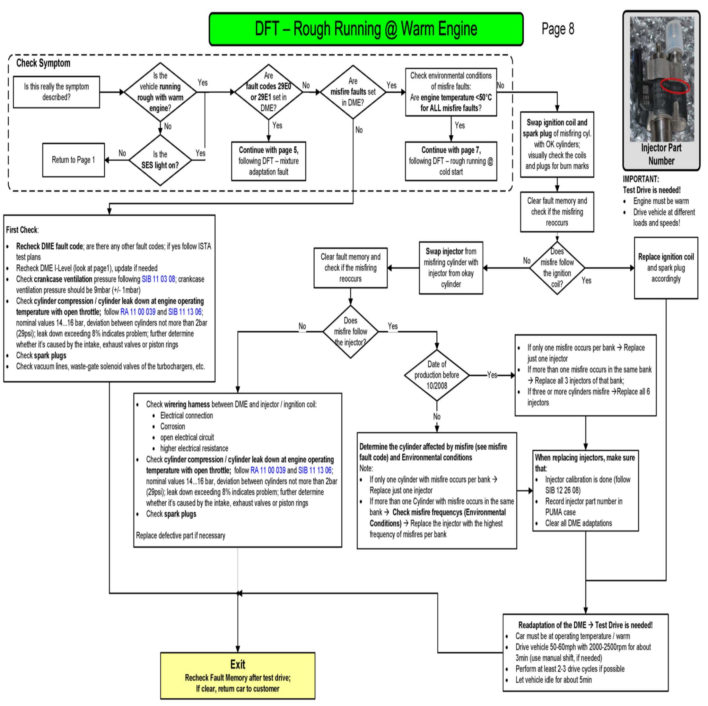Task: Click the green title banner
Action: pyautogui.click(x=366, y=29)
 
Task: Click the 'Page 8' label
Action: pyautogui.click(x=557, y=29)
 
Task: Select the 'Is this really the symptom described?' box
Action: pyautogui.click(x=57, y=92)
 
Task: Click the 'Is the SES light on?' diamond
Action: pyautogui.click(x=160, y=160)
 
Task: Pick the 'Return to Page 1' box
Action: pyautogui.click(x=73, y=160)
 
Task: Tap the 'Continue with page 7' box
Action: pyautogui.click(x=451, y=161)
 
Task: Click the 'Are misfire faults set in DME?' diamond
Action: pyautogui.click(x=353, y=92)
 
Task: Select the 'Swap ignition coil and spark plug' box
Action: pyautogui.click(x=557, y=144)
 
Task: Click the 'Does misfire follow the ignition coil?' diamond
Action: pyautogui.click(x=557, y=268)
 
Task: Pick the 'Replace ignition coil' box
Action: pyautogui.click(x=666, y=268)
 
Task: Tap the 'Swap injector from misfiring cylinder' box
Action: pyautogui.click(x=451, y=268)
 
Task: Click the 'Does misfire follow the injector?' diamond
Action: pyautogui.click(x=350, y=332)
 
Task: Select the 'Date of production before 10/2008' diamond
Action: pyautogui.click(x=436, y=375)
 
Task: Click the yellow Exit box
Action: pyautogui.click(x=238, y=676)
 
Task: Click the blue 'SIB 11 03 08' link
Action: pyautogui.click(x=158, y=279)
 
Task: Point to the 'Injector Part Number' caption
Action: pyautogui.click(x=661, y=154)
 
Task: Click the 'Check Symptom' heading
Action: pyautogui.click(x=43, y=63)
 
